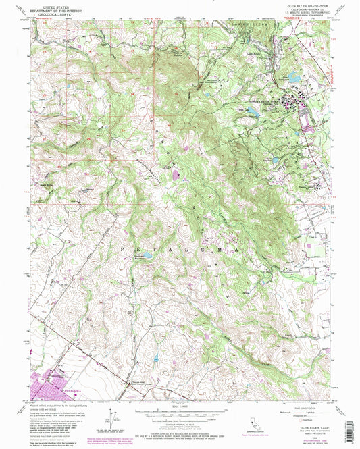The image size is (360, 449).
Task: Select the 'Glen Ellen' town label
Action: (x=253, y=53)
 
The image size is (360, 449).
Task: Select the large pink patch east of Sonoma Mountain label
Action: (x=176, y=175)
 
